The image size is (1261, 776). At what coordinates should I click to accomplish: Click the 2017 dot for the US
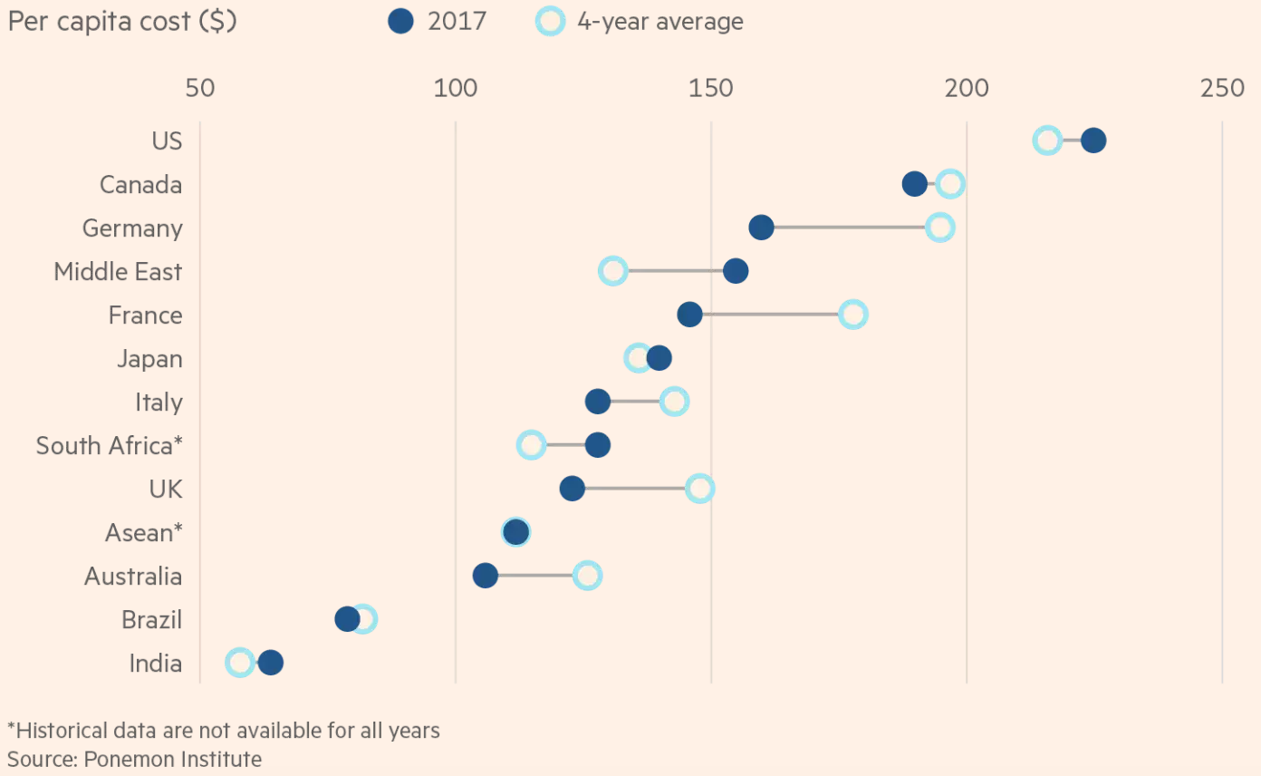(x=1093, y=141)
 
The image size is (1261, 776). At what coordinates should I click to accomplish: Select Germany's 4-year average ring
(x=940, y=228)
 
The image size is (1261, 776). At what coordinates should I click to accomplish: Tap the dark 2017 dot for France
(x=689, y=315)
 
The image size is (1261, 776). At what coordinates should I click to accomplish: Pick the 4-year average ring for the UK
(x=699, y=489)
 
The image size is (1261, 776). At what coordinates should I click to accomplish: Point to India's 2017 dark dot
(x=270, y=663)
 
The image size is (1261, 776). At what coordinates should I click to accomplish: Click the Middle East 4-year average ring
(x=613, y=271)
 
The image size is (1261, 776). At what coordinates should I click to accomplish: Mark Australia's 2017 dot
(x=486, y=576)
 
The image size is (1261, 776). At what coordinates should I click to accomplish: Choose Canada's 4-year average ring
(x=950, y=184)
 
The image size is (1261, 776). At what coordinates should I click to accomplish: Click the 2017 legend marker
(x=400, y=21)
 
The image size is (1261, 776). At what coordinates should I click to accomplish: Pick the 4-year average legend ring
(x=550, y=21)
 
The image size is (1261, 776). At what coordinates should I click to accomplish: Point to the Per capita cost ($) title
(x=122, y=21)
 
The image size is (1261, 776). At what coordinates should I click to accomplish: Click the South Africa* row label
(x=109, y=445)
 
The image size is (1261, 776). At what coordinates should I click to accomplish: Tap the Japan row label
(x=149, y=358)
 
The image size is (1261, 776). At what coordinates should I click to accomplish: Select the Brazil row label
(x=151, y=619)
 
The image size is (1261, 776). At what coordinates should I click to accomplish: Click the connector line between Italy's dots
(x=635, y=402)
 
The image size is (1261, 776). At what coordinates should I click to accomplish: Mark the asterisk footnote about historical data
(x=224, y=730)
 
